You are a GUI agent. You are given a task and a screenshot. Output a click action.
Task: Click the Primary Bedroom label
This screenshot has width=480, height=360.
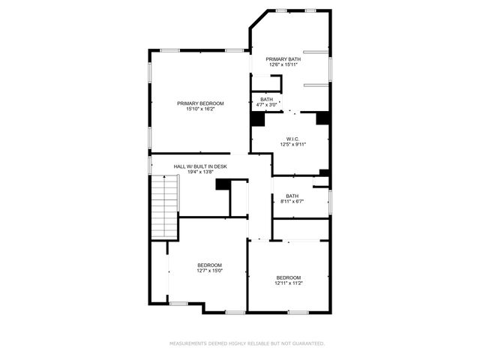(200, 103)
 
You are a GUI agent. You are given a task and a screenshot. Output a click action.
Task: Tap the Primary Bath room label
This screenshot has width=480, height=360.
(283, 58)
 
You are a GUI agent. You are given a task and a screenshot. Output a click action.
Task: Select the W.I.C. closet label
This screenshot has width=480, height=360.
(292, 139)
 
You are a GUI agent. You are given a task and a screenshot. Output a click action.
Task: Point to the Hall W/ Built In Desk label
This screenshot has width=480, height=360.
(200, 166)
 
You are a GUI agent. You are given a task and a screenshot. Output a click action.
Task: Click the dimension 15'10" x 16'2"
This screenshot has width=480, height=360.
(200, 109)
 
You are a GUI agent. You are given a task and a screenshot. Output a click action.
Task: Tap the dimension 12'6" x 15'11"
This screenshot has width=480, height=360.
(283, 64)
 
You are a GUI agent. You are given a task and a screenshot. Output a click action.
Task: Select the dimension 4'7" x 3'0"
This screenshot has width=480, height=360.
(267, 105)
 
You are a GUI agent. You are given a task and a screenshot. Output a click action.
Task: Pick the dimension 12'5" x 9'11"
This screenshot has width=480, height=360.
(292, 145)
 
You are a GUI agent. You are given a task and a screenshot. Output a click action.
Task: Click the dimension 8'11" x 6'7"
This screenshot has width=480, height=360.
(292, 202)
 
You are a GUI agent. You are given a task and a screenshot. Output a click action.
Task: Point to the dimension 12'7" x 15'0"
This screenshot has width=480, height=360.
(209, 271)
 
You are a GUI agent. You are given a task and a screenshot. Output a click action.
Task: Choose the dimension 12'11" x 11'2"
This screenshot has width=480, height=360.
(289, 283)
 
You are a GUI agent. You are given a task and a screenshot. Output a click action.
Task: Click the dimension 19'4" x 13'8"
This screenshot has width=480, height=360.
(200, 172)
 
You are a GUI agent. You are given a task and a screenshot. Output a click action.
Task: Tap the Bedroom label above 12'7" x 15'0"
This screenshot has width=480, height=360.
(209, 265)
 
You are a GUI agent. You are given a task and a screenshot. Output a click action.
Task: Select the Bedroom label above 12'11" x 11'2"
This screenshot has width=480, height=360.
(289, 277)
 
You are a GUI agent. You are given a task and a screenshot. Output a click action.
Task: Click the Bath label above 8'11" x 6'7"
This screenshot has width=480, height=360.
(292, 196)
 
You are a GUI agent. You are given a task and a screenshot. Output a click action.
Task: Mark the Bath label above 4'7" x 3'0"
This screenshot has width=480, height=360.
(267, 99)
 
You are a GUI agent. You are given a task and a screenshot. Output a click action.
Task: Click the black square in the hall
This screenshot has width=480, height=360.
(223, 184)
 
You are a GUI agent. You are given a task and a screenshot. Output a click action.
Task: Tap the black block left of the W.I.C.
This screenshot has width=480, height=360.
(257, 120)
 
